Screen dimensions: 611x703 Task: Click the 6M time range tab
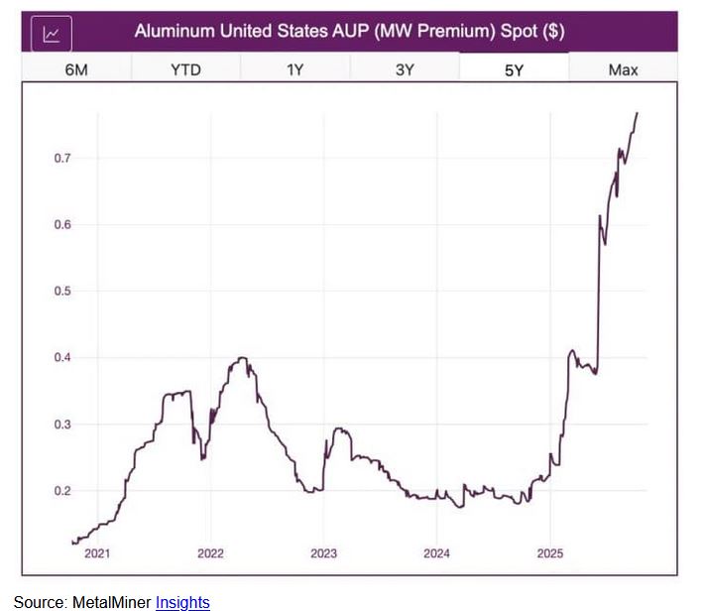76,69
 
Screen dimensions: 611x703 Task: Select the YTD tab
185,69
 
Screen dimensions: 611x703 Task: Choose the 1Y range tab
294,69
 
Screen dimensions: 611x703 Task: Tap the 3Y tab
404,69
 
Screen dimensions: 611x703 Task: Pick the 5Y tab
514,69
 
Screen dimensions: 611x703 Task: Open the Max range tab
624,69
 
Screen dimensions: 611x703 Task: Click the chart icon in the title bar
52,33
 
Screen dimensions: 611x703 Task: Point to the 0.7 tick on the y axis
62,159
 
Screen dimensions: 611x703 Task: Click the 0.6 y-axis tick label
62,225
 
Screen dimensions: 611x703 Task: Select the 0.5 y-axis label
62,292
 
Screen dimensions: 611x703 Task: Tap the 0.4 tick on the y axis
62,358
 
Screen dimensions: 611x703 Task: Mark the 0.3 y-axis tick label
62,425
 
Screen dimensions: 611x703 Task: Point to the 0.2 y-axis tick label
62,491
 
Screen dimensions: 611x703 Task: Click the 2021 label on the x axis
97,552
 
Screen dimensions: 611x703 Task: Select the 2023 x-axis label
324,552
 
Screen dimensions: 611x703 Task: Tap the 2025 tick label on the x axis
550,552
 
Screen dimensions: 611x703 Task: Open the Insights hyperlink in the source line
182,601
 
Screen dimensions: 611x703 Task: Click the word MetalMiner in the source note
112,601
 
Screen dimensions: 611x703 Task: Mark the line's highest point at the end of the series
637,113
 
